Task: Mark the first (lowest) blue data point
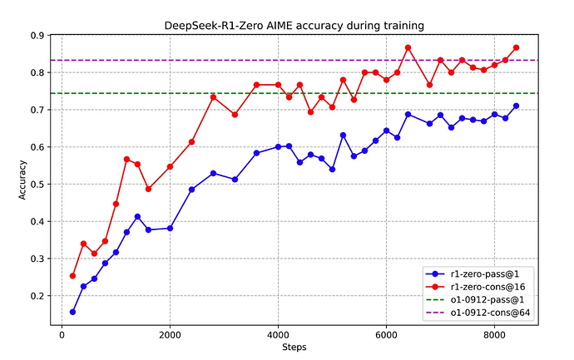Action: point(72,312)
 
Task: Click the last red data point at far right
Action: point(516,47)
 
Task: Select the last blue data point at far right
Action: point(516,106)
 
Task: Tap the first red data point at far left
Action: point(72,276)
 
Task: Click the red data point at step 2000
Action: point(170,166)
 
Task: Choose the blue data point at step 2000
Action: point(170,228)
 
